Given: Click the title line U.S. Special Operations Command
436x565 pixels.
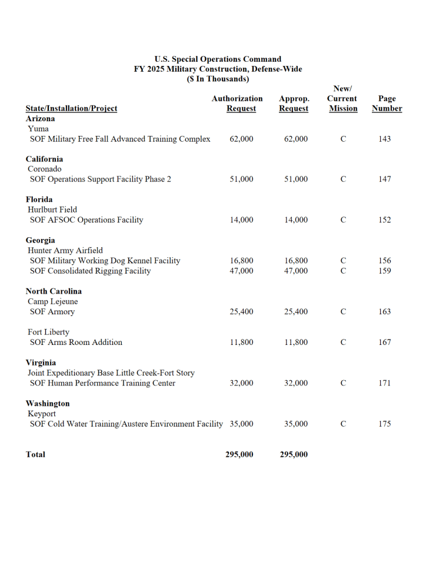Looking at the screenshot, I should [218, 59].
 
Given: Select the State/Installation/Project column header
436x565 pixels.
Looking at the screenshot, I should [71, 108].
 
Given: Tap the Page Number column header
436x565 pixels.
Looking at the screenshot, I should [387, 104].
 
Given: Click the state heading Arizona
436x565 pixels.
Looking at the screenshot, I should [40, 118].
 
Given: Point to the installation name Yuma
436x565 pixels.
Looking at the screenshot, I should [38, 129].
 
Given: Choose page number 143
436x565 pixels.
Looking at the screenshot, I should [384, 139].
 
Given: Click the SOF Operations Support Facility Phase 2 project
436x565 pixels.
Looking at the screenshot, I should [101, 179].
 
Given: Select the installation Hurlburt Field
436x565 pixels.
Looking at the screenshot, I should [52, 210].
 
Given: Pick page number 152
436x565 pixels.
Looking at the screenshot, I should [384, 220].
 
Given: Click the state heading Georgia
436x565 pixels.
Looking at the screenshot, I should [40, 240].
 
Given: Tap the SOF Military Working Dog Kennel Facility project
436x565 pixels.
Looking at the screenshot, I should [105, 261].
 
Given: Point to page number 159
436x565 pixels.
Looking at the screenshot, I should [384, 271].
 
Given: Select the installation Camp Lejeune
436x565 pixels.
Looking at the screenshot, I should [52, 302].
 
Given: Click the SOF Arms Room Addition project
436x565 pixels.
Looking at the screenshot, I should [76, 343].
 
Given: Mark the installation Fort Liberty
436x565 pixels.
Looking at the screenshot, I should [48, 332].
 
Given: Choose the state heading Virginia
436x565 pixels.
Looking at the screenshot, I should [41, 363].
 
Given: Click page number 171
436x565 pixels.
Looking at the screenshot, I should [384, 383].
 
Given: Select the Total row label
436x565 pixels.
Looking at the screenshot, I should [35, 454].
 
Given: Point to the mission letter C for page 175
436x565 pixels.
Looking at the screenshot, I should [343, 424].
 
